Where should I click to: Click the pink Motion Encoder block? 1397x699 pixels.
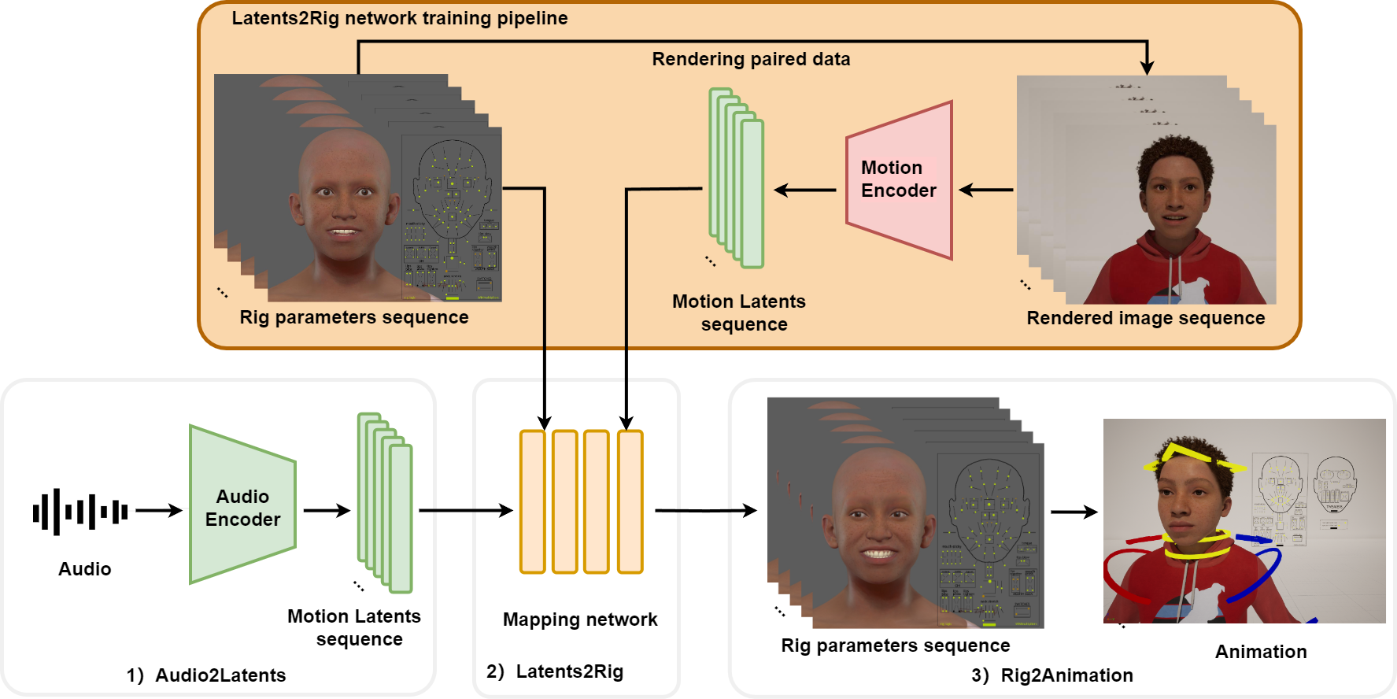(x=899, y=179)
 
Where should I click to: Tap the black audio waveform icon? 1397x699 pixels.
(x=79, y=512)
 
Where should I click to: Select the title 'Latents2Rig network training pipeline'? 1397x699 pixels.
(x=399, y=18)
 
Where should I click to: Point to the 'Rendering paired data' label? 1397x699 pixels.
(x=751, y=59)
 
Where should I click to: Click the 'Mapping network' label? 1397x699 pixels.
(x=580, y=619)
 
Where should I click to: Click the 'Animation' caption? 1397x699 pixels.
(x=1261, y=652)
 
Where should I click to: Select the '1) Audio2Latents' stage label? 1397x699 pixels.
(x=206, y=675)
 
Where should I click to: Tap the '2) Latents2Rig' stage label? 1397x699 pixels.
(x=555, y=671)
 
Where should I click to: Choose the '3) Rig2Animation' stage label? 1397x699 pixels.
(x=1052, y=675)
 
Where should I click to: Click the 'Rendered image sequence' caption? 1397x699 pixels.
(x=1146, y=318)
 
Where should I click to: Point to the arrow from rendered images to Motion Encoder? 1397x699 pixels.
(x=986, y=190)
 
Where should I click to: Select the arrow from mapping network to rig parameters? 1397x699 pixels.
(x=705, y=511)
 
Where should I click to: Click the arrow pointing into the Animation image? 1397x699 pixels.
(x=1074, y=512)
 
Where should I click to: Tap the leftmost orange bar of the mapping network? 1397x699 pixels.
(x=533, y=501)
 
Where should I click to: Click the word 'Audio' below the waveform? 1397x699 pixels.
(x=85, y=569)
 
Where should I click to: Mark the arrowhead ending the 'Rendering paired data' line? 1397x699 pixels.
(x=1147, y=68)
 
